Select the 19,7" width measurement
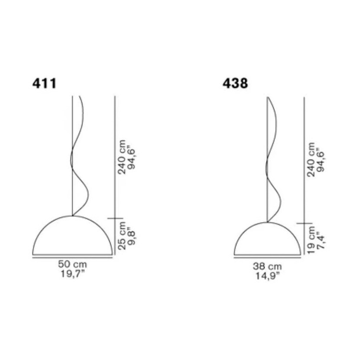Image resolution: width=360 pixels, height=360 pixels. (73, 273)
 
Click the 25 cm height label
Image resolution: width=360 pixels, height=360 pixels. (122, 236)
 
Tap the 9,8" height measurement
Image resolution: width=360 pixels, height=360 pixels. (131, 236)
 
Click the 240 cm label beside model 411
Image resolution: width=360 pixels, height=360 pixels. (122, 157)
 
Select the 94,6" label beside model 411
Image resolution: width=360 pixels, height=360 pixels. (131, 157)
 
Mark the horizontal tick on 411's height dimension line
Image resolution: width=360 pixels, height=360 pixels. (115, 218)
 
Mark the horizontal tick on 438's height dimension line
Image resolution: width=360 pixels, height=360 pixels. (304, 223)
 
